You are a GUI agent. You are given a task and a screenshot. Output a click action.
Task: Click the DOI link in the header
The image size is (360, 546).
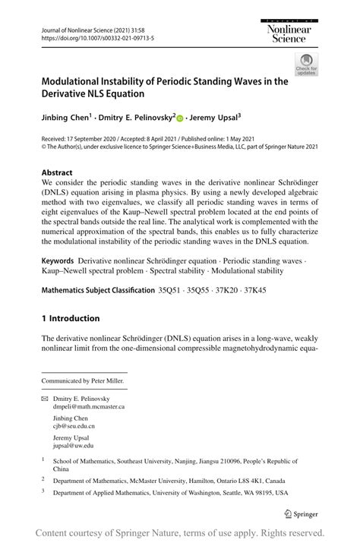88,36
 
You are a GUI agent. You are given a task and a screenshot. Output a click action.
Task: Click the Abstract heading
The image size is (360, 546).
57,172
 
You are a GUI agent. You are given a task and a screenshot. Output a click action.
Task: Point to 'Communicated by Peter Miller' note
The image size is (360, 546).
83,380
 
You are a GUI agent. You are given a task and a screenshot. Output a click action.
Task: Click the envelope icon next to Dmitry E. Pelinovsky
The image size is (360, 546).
46,399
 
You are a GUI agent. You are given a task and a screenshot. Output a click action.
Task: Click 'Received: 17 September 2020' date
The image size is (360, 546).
88,140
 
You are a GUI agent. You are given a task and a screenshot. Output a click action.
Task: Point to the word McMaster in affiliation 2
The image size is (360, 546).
163,481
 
